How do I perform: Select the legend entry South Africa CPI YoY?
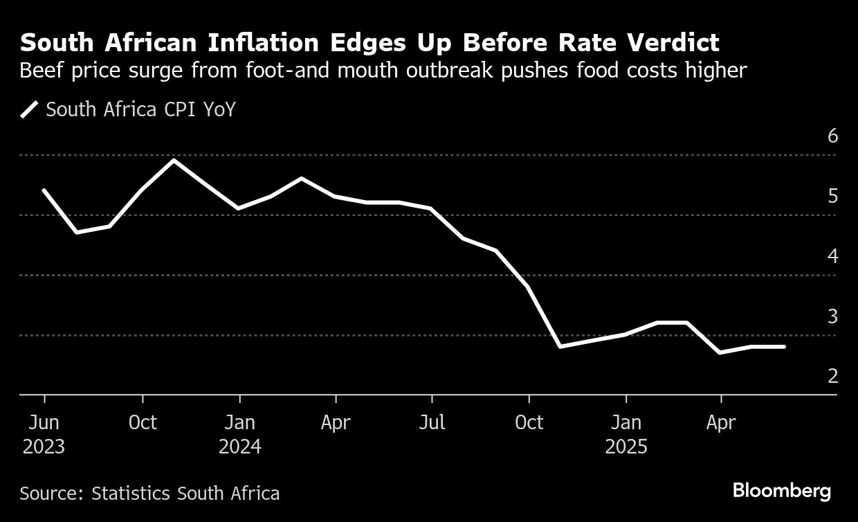pyautogui.click(x=140, y=109)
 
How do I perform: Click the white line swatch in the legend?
pyautogui.click(x=30, y=109)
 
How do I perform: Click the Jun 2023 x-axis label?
pyautogui.click(x=44, y=434)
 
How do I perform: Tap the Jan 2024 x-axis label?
pyautogui.click(x=239, y=434)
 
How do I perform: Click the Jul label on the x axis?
pyautogui.click(x=432, y=422)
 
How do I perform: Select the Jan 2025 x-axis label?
pyautogui.click(x=626, y=434)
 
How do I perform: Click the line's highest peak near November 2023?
pyautogui.click(x=174, y=161)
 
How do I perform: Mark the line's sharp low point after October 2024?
pyautogui.click(x=559, y=346)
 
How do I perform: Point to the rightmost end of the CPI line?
pyautogui.click(x=784, y=346)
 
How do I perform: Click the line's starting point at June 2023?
pyautogui.click(x=44, y=190)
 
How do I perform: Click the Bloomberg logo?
pyautogui.click(x=782, y=492)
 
